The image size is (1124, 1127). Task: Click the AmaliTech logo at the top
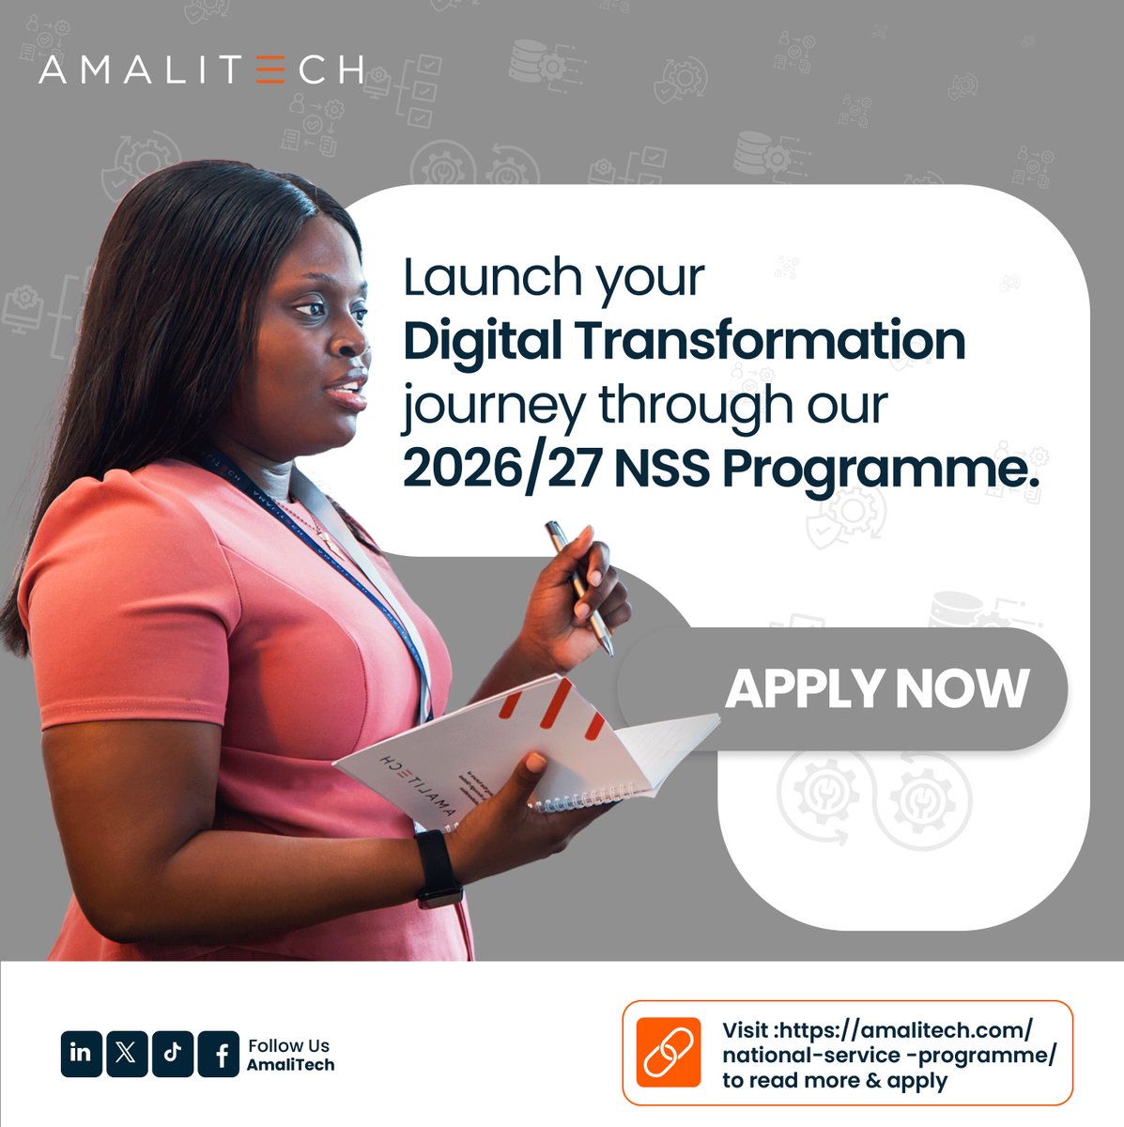coord(201,69)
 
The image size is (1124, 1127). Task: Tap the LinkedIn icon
coord(81,1053)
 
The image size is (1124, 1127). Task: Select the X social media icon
coord(127,1053)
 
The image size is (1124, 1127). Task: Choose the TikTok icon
coord(173,1053)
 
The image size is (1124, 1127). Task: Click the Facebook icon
coord(220,1054)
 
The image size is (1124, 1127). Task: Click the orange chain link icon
coord(668,1052)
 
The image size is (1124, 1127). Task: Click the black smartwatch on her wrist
coord(437,867)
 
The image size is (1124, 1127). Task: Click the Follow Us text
coord(288,1045)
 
